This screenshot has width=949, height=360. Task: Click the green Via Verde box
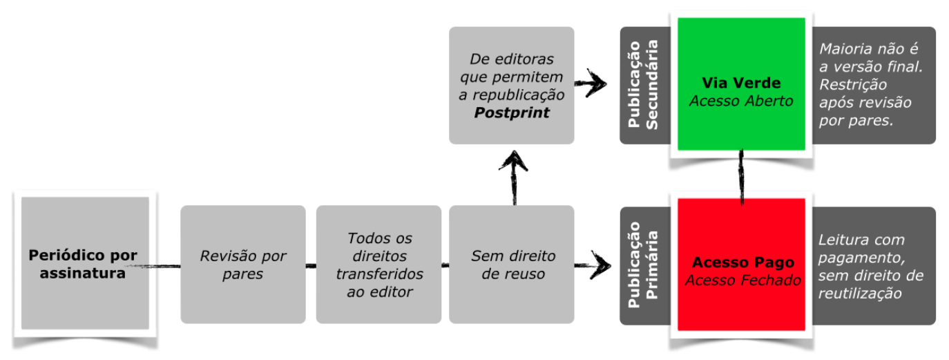pyautogui.click(x=741, y=84)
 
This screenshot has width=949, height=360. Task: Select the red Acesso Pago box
pyautogui.click(x=741, y=264)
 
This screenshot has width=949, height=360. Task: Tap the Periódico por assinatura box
pyautogui.click(x=85, y=263)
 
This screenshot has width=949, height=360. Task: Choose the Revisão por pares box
pyautogui.click(x=242, y=265)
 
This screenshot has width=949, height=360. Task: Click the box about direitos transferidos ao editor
pyautogui.click(x=378, y=265)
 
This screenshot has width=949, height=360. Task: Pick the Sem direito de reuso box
pyautogui.click(x=512, y=265)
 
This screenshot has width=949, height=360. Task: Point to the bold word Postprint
pyautogui.click(x=512, y=113)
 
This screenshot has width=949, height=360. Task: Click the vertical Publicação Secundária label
pyautogui.click(x=643, y=85)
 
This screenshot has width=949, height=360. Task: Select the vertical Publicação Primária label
pyautogui.click(x=643, y=265)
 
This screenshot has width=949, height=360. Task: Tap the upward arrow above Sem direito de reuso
pyautogui.click(x=514, y=178)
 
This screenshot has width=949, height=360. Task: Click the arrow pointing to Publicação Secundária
pyautogui.click(x=591, y=83)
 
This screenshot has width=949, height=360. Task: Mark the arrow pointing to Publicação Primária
pyautogui.click(x=593, y=265)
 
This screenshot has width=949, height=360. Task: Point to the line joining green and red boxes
pyautogui.click(x=741, y=178)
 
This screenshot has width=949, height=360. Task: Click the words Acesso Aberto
pyautogui.click(x=741, y=101)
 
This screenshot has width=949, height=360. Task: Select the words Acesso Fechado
pyautogui.click(x=743, y=281)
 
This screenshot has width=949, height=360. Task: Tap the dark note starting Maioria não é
pyautogui.click(x=874, y=85)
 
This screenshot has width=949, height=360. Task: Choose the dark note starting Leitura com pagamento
pyautogui.click(x=874, y=266)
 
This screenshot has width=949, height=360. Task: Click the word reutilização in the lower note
pyautogui.click(x=860, y=294)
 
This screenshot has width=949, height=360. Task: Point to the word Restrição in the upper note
pyautogui.click(x=853, y=85)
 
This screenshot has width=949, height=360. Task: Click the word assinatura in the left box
pyautogui.click(x=83, y=274)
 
